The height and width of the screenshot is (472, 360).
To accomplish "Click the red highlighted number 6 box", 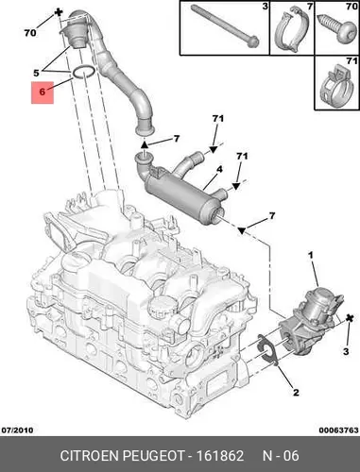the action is (43, 92).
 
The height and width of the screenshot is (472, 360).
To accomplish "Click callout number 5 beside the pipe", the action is (37, 73).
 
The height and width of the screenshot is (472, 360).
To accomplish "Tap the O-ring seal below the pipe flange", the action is (83, 72).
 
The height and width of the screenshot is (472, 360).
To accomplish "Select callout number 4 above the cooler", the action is (219, 169).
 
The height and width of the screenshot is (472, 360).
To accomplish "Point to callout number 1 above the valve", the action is (311, 255).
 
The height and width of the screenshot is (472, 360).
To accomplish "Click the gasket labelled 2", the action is (267, 350).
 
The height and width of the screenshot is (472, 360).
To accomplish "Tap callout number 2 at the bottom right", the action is (296, 393).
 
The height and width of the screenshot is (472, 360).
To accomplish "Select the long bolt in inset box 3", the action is (226, 26).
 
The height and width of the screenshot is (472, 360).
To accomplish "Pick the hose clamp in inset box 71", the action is (334, 84).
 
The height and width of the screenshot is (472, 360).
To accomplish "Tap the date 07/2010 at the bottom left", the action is (17, 430).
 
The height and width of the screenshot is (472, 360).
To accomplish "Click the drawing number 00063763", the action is (338, 430).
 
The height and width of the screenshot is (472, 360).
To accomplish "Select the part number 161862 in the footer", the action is (220, 456).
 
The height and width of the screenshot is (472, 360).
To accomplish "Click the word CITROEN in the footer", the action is (89, 456).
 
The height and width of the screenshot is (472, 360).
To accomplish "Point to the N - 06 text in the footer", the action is (281, 456).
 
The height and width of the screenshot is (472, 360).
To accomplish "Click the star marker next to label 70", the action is (59, 12).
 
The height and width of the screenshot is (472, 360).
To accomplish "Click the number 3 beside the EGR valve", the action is (346, 351).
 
